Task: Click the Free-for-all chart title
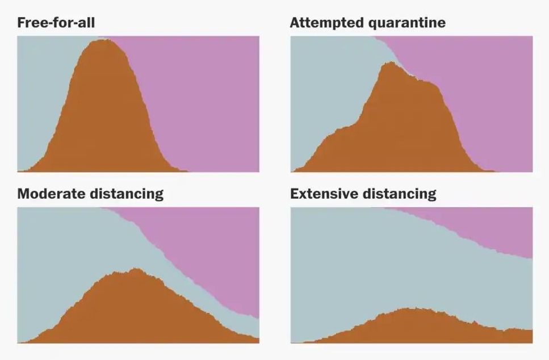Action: (x=56, y=23)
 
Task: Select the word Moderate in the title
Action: (x=51, y=194)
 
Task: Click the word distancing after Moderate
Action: (x=126, y=194)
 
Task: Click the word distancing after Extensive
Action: (x=399, y=194)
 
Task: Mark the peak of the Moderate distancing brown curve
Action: (x=136, y=269)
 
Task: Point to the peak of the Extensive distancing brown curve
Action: (x=410, y=308)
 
